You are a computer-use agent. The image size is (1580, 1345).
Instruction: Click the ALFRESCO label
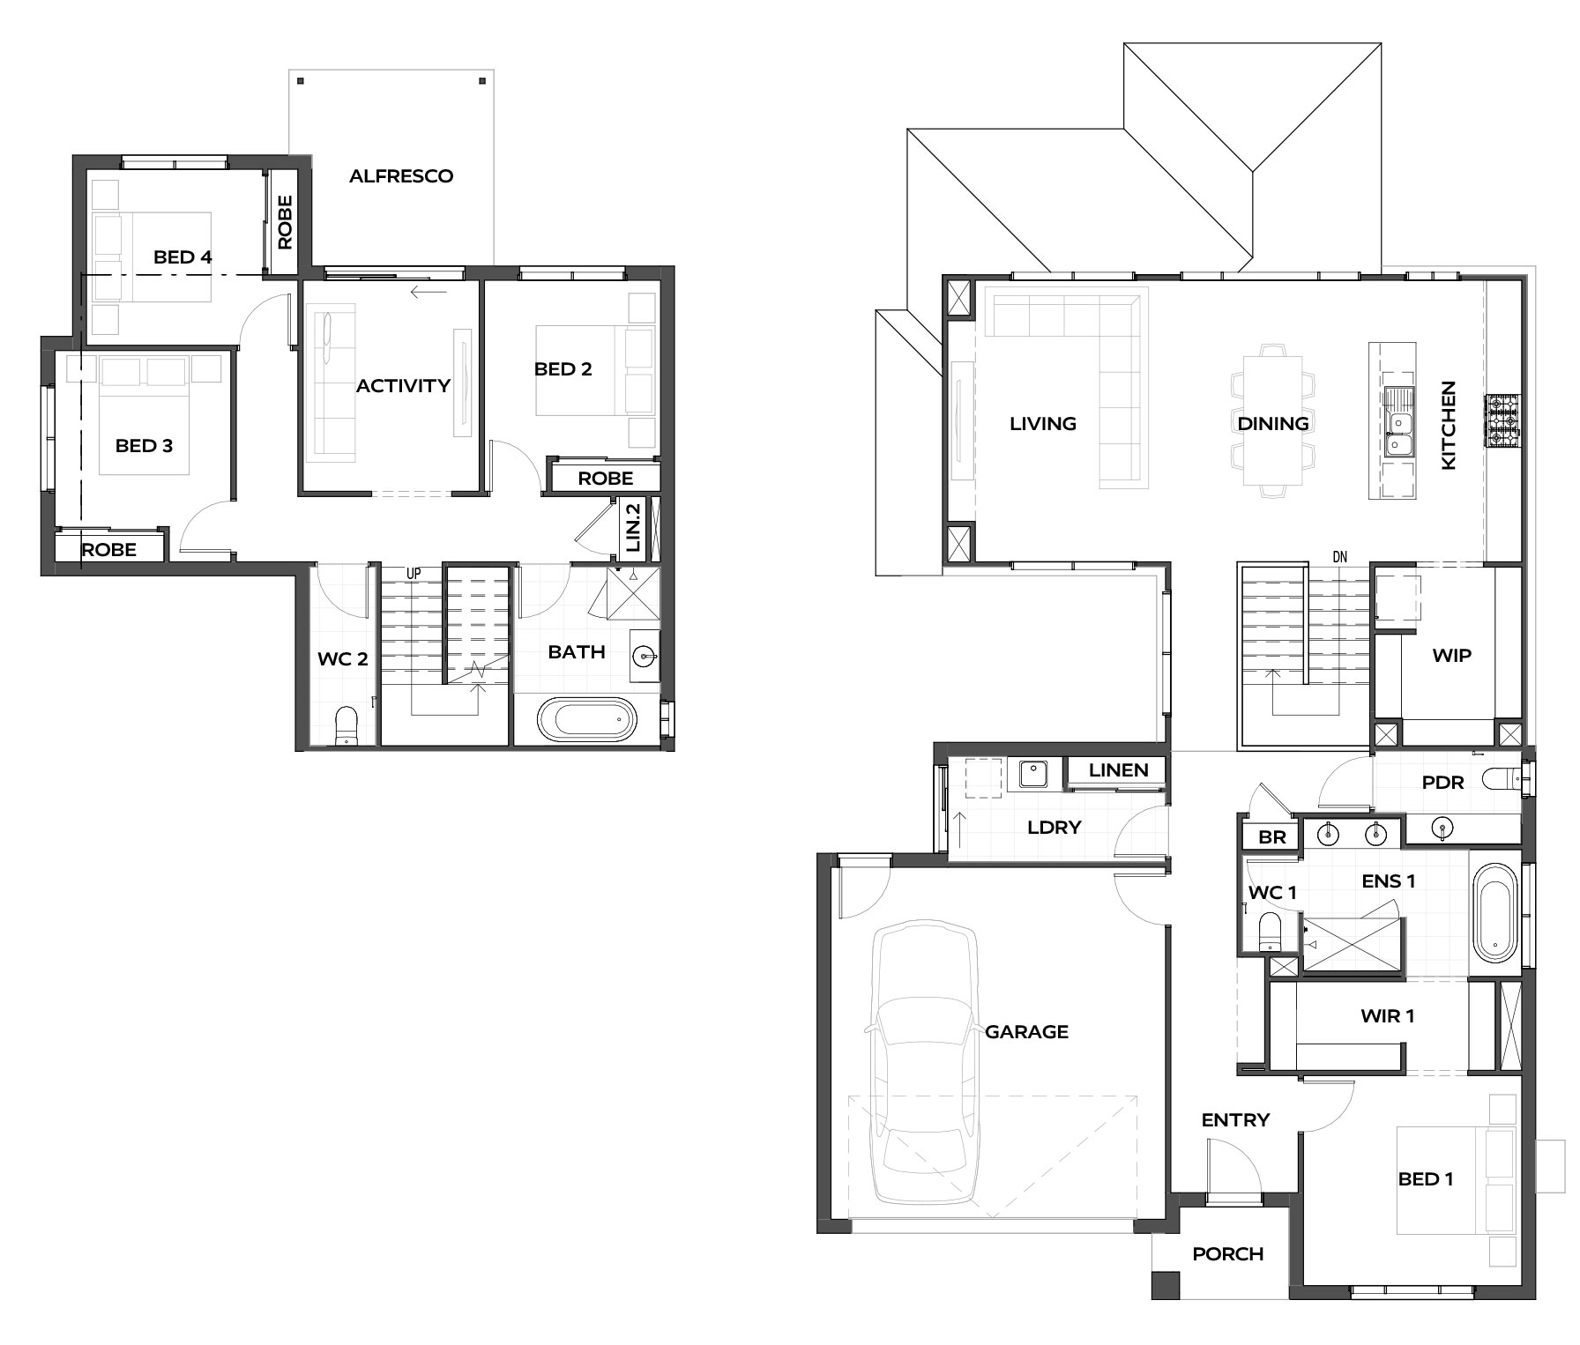[x=401, y=176]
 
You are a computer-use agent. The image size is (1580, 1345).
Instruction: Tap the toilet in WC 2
[x=347, y=726]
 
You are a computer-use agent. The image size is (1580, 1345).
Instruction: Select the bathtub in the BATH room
[x=586, y=719]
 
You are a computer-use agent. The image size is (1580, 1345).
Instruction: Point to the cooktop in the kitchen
[x=1504, y=420]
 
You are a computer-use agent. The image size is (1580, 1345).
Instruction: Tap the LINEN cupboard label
[x=1118, y=770]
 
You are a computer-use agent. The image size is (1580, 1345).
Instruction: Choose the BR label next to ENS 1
[x=1271, y=837]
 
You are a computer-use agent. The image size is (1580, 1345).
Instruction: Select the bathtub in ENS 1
[x=1494, y=912]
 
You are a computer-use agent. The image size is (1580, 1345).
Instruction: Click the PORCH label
[x=1227, y=1254]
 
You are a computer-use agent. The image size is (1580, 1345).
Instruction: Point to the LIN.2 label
[x=632, y=527]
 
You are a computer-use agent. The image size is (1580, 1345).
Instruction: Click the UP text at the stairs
[x=414, y=574]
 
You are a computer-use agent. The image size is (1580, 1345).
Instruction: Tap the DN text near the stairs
[x=1340, y=558]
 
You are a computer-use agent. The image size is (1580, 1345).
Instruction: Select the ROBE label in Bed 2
[x=606, y=479]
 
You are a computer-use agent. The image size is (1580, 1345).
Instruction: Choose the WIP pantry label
[x=1451, y=656]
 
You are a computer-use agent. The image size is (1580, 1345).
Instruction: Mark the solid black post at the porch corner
[x=1166, y=1284]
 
